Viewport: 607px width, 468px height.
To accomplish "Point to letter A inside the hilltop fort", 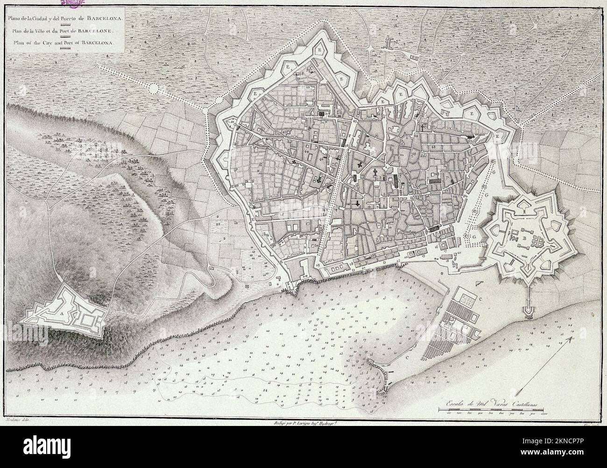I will [61, 314].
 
